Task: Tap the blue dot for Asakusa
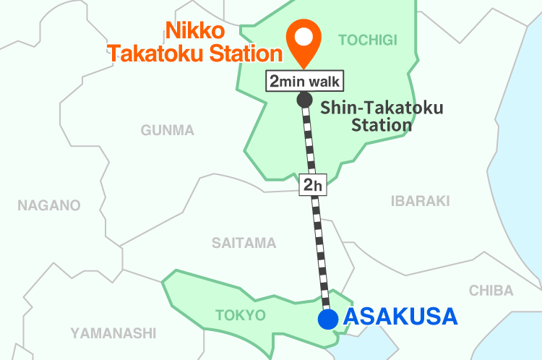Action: pyautogui.click(x=328, y=319)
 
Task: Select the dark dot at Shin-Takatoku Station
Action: pyautogui.click(x=304, y=99)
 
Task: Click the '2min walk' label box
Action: pyautogui.click(x=304, y=80)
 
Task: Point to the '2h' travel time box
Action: pyautogui.click(x=312, y=185)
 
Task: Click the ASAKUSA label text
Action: pyautogui.click(x=400, y=317)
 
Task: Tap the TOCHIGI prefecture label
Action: pyautogui.click(x=368, y=40)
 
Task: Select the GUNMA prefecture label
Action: pyautogui.click(x=168, y=130)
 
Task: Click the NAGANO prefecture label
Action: pyautogui.click(x=49, y=205)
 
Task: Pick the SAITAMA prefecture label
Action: pyautogui.click(x=244, y=243)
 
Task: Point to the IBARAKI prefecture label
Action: pyautogui.click(x=420, y=201)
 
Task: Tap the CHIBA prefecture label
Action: pyautogui.click(x=491, y=291)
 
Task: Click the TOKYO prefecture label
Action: pyautogui.click(x=241, y=315)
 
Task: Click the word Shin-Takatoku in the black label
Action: pyautogui.click(x=382, y=108)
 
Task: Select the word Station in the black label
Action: pyautogui.click(x=382, y=125)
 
